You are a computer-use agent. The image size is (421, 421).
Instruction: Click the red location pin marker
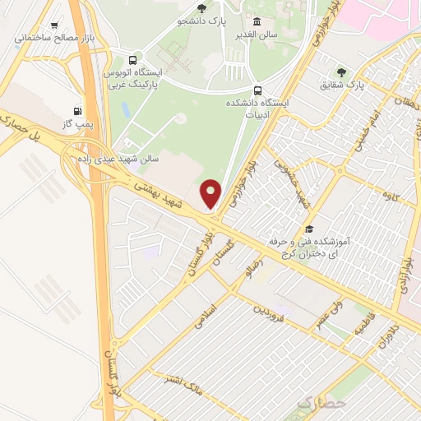click(211, 192)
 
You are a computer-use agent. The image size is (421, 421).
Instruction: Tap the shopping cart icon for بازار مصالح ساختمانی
click(55, 25)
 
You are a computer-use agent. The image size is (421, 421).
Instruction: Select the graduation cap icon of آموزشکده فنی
click(309, 229)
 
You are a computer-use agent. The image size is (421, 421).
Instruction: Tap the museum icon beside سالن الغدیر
click(257, 21)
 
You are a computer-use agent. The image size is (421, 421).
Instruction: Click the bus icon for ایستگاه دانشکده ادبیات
click(258, 90)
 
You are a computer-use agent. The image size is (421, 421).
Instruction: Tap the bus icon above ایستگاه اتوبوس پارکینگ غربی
click(133, 59)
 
